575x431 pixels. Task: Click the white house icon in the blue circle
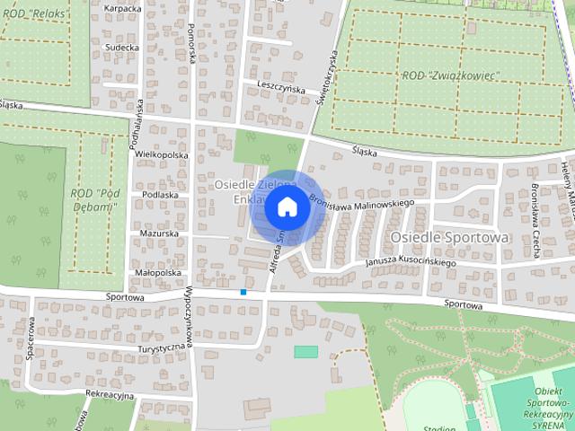pos(287,207)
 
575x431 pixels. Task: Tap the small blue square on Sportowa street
pos(243,291)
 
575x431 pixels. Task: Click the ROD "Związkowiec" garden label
pos(450,76)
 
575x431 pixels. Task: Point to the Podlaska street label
pos(159,194)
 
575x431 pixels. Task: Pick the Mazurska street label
pos(159,233)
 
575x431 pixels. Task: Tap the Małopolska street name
pos(157,272)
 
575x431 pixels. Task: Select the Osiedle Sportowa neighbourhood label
pos(449,236)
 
